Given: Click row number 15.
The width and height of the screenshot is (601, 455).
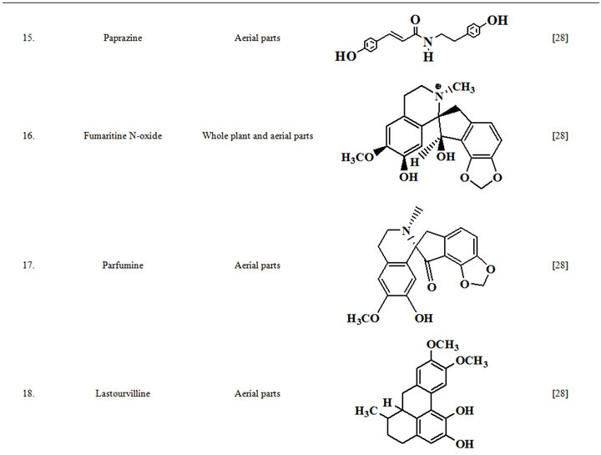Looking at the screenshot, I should [x=28, y=38].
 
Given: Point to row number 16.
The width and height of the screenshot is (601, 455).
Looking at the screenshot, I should [x=28, y=135].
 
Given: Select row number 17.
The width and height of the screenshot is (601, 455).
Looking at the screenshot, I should [x=28, y=265].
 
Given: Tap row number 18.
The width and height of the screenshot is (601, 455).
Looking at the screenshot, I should [x=28, y=393].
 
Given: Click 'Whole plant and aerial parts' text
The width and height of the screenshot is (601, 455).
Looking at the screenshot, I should [x=257, y=135].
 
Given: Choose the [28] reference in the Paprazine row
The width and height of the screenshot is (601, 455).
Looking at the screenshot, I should [x=560, y=38].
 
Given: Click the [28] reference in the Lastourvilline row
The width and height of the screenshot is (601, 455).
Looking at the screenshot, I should [x=560, y=393].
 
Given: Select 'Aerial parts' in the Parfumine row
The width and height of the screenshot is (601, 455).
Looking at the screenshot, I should [x=257, y=265].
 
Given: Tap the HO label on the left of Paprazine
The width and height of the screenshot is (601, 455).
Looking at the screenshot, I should [x=344, y=57].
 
